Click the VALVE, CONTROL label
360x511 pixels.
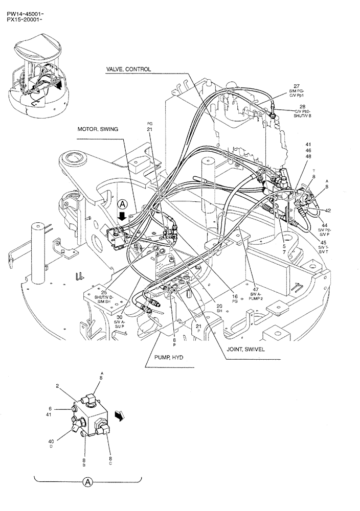128,69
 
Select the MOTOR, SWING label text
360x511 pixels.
98,129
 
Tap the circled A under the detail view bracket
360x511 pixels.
88,482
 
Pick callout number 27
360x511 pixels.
296,86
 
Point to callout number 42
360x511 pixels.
328,210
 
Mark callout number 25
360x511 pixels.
118,293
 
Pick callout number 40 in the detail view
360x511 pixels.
51,441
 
